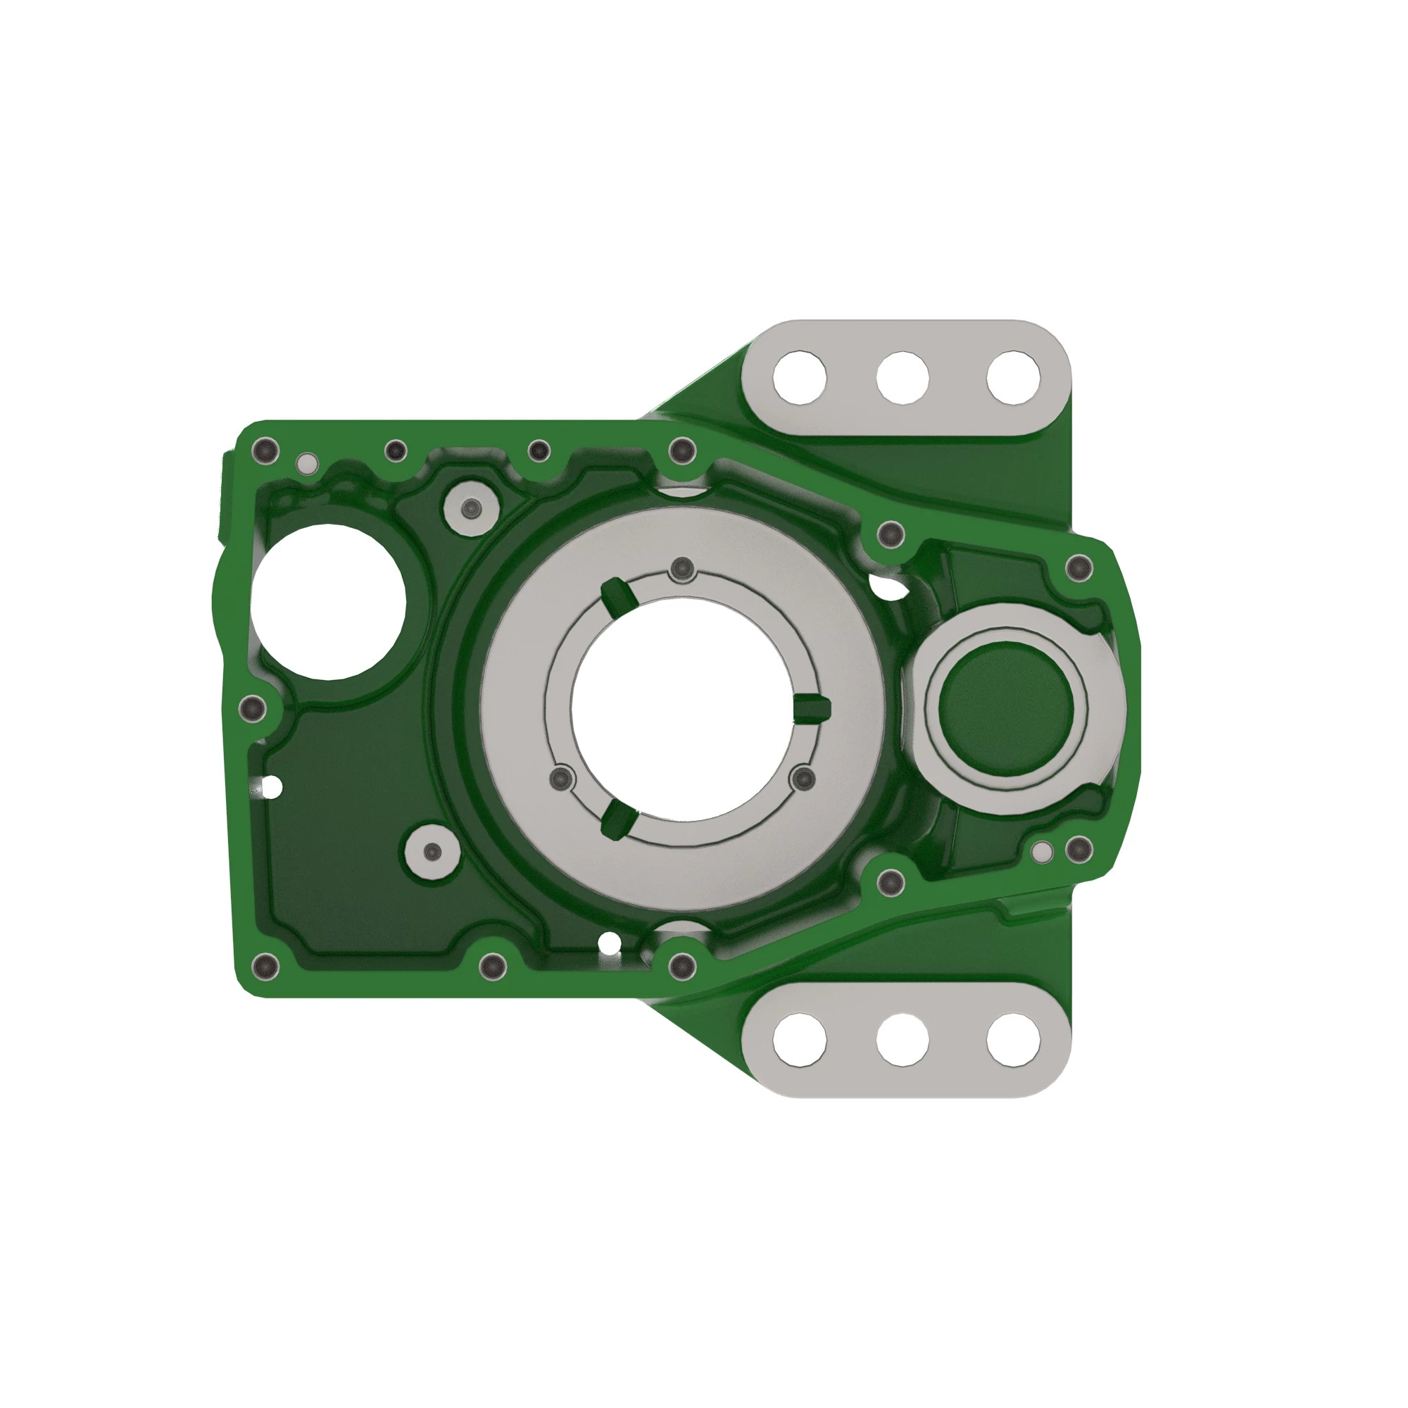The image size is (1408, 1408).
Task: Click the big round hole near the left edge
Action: point(328,601)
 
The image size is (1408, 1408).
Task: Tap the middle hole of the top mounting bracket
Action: point(903,377)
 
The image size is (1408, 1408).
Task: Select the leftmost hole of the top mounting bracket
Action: point(800,377)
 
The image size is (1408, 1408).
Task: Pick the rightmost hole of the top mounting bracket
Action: point(1013,377)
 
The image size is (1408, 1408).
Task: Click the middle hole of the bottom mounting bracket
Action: point(903,1038)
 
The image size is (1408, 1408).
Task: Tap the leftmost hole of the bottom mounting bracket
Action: point(800,1038)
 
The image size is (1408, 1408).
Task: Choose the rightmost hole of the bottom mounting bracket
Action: point(1013,1038)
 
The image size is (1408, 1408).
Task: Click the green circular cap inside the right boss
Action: point(1006,705)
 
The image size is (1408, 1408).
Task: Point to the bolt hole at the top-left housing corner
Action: point(265,451)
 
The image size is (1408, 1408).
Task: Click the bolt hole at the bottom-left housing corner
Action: point(265,967)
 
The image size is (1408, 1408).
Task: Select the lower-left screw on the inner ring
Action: point(560,779)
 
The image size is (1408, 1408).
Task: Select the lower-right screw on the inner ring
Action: point(804,779)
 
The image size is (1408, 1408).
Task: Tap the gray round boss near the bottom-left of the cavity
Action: point(432,852)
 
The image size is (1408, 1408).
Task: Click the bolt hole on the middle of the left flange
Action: point(253,707)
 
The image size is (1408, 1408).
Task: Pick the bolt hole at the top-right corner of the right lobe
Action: point(1079,567)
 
